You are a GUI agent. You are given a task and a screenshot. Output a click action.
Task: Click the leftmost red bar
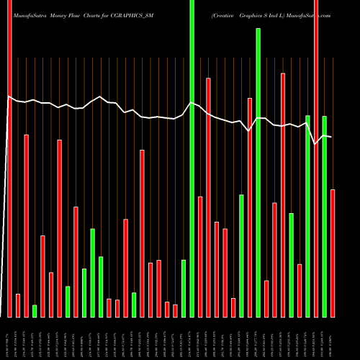click(9, 158)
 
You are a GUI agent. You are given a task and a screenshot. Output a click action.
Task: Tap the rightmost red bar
click(333, 253)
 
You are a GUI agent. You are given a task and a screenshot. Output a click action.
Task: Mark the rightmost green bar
click(325, 216)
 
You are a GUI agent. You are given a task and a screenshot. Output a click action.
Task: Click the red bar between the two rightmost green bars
click(316, 158)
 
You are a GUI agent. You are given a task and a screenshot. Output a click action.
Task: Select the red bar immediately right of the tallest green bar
click(200, 256)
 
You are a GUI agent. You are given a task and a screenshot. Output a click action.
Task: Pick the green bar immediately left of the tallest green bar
click(184, 288)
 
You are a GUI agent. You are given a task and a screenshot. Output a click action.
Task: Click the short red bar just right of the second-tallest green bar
click(266, 299)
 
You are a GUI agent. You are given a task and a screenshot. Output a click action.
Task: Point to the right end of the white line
click(331, 137)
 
